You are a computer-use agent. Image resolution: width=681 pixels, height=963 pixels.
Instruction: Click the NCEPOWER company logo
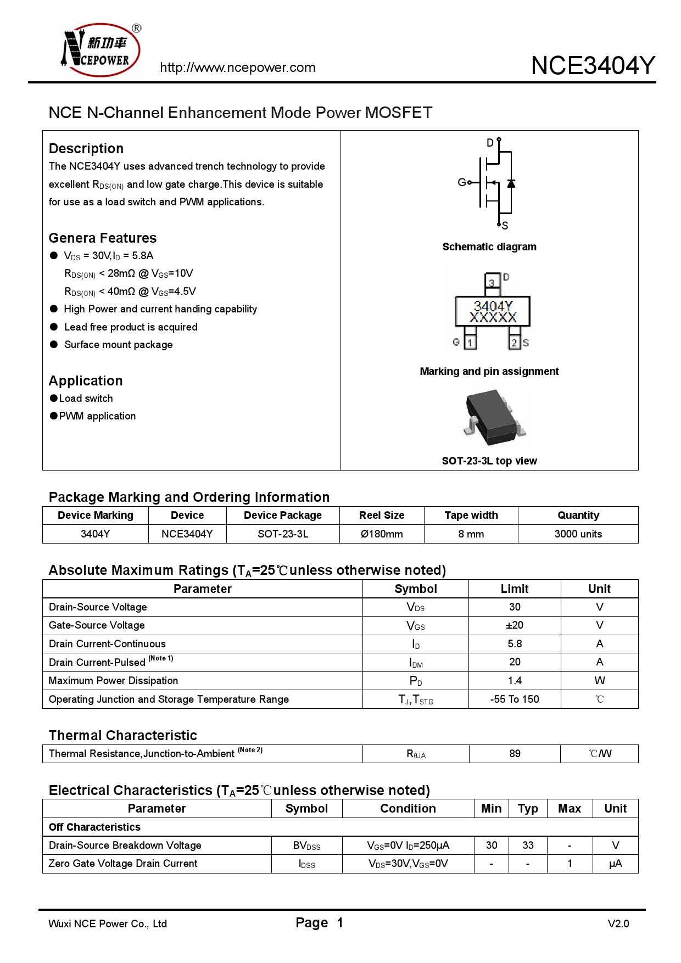click(x=100, y=50)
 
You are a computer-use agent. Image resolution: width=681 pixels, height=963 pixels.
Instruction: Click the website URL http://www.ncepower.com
click(x=237, y=68)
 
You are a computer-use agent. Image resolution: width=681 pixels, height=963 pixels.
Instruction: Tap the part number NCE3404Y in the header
click(x=593, y=65)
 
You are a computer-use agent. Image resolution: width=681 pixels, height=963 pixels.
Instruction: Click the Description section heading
click(x=86, y=149)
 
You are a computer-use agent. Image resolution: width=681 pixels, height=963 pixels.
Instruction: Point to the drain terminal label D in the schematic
click(x=490, y=143)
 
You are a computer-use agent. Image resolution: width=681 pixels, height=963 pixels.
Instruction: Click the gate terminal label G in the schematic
click(x=461, y=182)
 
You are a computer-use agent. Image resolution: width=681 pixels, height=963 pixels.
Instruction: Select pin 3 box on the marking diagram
click(x=492, y=282)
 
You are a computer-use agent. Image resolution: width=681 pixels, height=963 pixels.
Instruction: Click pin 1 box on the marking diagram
click(x=470, y=342)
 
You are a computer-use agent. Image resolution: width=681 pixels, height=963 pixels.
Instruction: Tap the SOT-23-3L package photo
click(x=493, y=417)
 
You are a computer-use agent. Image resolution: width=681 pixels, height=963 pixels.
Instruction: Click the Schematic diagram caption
click(x=489, y=247)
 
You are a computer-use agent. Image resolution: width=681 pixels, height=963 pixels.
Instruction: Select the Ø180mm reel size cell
click(x=382, y=534)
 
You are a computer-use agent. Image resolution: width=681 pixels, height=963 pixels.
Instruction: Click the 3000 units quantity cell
click(x=578, y=534)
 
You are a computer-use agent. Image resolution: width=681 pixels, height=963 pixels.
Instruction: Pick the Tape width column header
click(x=471, y=516)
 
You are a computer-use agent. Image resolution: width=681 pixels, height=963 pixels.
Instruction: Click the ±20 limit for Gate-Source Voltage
click(x=514, y=625)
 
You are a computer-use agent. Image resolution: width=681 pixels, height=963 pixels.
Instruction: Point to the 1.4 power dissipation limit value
click(x=514, y=681)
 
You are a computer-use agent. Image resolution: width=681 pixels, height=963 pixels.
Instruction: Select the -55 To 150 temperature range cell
click(x=514, y=699)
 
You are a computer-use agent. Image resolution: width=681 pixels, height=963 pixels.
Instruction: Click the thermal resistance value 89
click(x=514, y=754)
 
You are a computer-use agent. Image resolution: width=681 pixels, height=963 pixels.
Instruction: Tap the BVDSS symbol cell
click(x=306, y=846)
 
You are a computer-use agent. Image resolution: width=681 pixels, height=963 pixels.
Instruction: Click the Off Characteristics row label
click(x=94, y=827)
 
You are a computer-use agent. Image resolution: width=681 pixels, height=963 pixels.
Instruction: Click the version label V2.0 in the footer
click(x=618, y=923)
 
